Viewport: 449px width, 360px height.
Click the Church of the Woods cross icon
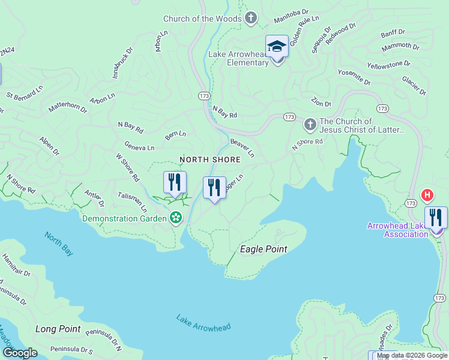251,19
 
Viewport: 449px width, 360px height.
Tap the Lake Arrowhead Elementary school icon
277,46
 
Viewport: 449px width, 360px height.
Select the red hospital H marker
427,195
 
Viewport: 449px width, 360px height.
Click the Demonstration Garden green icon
176,218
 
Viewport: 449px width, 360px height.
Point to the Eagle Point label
264,249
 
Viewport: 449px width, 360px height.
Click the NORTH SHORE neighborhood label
210,160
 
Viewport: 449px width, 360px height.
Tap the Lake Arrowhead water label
203,322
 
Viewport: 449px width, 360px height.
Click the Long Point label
58,329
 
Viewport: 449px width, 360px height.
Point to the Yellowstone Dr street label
388,64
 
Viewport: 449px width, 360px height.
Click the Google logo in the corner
20,353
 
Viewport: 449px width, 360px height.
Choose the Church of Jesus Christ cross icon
310,125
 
